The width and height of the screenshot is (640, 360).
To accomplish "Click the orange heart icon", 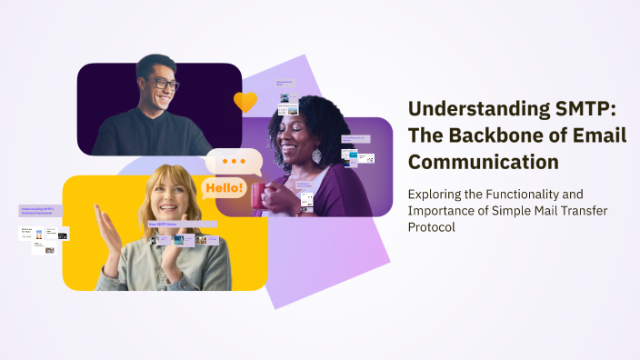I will pyautogui.click(x=245, y=102).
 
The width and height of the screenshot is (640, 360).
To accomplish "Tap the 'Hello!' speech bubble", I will pyautogui.click(x=224, y=188).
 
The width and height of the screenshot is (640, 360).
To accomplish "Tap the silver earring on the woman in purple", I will pyautogui.click(x=316, y=156).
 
